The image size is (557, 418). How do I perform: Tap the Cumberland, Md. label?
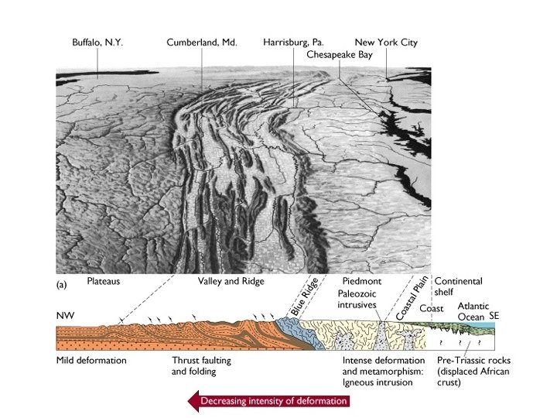tap(201, 42)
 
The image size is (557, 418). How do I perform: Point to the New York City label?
tap(386, 42)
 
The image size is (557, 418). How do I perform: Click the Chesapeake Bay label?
tap(339, 55)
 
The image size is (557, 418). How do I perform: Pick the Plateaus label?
tap(104, 283)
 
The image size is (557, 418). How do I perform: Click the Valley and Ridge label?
tap(229, 283)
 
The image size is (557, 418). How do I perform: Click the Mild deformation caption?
tap(91, 361)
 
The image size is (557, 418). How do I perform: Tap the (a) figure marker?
tap(63, 284)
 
